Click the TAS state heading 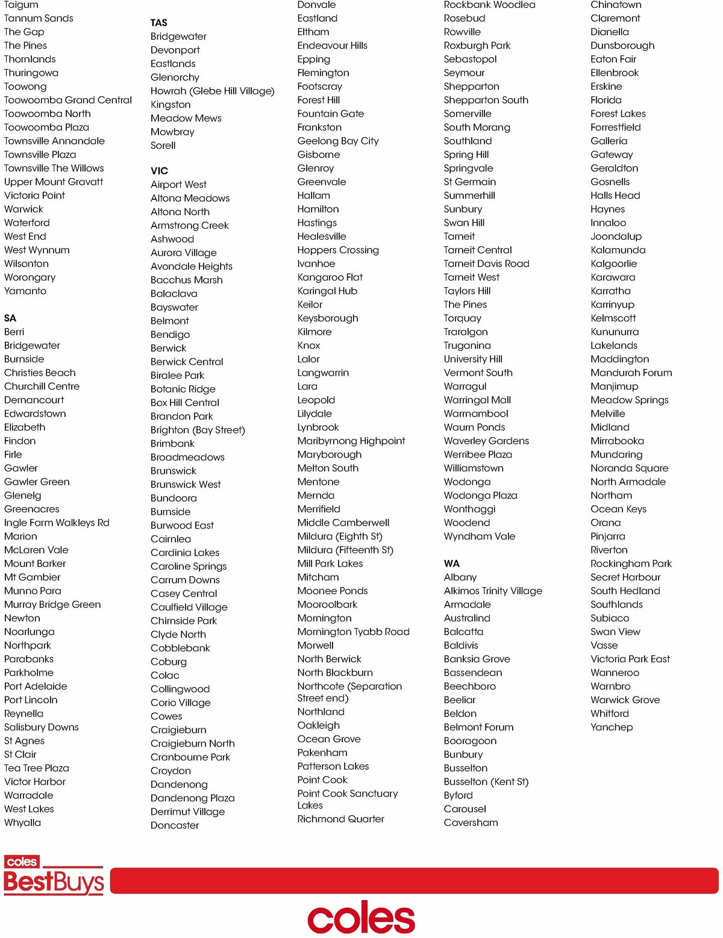(159, 23)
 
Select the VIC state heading (160, 171)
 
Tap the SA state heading (10, 318)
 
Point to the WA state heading (452, 564)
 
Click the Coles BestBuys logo (54, 875)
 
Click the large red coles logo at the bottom (361, 918)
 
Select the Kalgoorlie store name (613, 264)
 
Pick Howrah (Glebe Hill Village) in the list (212, 91)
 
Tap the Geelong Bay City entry (338, 141)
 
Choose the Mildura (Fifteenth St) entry (345, 550)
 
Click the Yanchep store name (612, 727)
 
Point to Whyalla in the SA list (23, 822)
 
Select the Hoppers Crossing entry (338, 250)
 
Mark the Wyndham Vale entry (480, 536)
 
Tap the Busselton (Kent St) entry (486, 781)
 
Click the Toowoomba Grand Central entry (68, 100)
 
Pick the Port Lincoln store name (31, 700)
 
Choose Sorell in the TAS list (163, 146)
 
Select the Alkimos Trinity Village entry (493, 591)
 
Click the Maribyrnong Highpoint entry (351, 441)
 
